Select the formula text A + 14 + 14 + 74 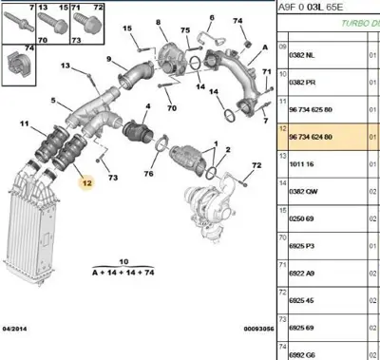pos(123,271)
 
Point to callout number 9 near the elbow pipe pos(109,59)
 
